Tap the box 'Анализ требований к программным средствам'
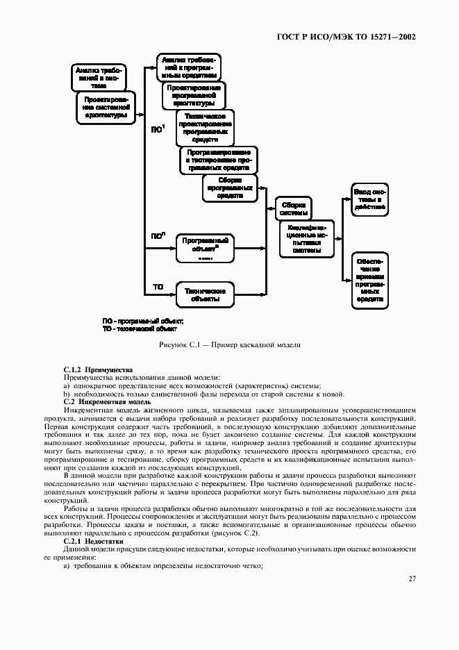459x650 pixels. pyautogui.click(x=189, y=67)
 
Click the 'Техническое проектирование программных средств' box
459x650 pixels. pyautogui.click(x=205, y=126)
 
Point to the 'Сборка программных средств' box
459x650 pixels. pyautogui.click(x=230, y=187)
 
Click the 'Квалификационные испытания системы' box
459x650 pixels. pyautogui.click(x=306, y=239)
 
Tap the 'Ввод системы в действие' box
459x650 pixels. pyautogui.click(x=369, y=198)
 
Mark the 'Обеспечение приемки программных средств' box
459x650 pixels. pyautogui.click(x=369, y=280)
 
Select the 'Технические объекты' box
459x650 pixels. pyautogui.click(x=205, y=294)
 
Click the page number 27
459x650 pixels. pyautogui.click(x=412, y=578)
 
